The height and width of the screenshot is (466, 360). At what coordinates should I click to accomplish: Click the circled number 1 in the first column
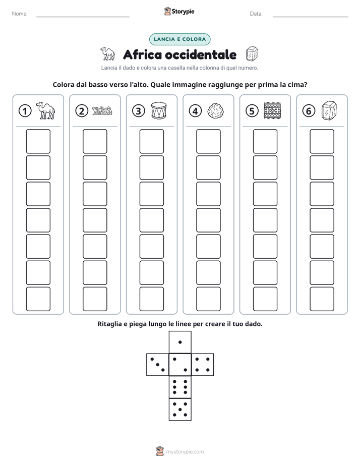(25, 111)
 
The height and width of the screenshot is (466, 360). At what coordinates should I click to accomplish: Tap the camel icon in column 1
(45, 110)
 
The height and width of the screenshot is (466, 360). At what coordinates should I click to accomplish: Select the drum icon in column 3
(159, 110)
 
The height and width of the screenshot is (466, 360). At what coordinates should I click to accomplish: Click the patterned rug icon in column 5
(272, 110)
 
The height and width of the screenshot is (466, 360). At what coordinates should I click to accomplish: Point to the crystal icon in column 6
(329, 110)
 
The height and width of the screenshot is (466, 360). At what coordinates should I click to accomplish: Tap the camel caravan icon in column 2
(102, 110)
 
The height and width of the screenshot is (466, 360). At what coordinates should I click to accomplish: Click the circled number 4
(195, 111)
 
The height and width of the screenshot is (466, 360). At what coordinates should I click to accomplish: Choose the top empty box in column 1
(38, 141)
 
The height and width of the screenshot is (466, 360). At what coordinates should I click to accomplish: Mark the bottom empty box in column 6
(322, 299)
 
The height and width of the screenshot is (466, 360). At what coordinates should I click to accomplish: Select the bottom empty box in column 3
(151, 299)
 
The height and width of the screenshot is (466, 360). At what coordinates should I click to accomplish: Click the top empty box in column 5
(265, 141)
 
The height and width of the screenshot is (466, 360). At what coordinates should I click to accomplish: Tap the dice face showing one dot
(180, 342)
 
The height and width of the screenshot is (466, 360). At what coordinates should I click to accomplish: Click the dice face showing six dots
(180, 387)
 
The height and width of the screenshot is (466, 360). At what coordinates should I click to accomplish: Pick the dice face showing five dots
(180, 409)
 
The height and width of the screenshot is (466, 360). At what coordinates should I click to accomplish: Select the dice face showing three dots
(158, 364)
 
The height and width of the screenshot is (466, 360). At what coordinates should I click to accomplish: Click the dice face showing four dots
(203, 364)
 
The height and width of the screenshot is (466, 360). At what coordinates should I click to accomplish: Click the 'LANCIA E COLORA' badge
(179, 39)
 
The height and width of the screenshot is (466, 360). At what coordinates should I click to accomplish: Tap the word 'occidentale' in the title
(201, 54)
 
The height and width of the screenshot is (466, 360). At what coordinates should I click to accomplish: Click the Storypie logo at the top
(179, 11)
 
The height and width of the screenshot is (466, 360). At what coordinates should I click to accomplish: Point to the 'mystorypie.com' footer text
(185, 452)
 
